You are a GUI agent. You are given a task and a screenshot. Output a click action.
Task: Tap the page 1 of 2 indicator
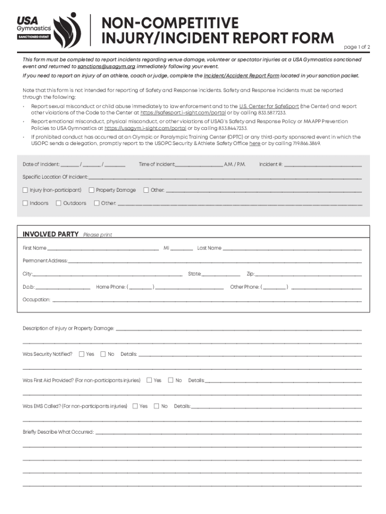356,47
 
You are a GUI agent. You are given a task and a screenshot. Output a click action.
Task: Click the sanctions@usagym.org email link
106,66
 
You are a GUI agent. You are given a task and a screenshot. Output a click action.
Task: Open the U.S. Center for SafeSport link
268,106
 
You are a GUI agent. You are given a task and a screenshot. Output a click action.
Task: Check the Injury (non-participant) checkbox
26,190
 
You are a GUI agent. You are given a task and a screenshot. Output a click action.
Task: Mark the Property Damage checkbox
92,190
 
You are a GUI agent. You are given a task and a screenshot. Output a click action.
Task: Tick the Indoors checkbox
26,203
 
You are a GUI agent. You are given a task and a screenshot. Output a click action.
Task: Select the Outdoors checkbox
59,203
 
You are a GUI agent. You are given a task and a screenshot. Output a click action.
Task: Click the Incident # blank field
323,164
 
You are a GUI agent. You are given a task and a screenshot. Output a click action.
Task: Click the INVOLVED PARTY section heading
51,234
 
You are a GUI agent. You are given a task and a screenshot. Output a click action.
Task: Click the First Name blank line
103,248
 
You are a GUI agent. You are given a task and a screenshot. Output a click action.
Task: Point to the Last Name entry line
292,248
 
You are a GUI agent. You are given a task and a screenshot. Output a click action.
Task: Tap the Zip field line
309,274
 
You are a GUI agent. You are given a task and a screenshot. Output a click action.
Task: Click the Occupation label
36,300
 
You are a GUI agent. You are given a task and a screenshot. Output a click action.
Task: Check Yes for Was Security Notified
82,354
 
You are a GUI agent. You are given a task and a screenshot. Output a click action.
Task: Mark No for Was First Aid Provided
170,380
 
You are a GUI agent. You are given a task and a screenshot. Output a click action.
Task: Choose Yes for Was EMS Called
135,406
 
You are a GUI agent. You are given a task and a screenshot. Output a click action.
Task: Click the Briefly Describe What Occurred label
58,432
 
